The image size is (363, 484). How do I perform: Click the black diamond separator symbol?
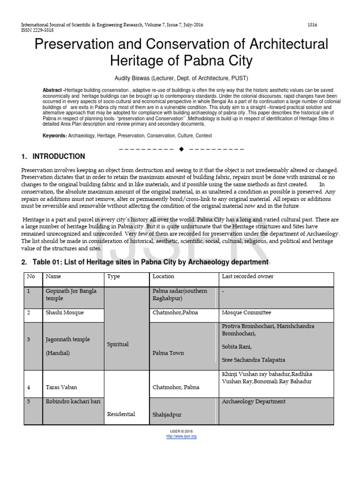181,149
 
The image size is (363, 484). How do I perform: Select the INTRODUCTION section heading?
59,156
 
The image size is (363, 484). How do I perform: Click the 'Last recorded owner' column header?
247,277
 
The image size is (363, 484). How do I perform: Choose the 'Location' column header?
164,277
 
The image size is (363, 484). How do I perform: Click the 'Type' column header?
113,277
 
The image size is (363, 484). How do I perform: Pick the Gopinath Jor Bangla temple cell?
71,294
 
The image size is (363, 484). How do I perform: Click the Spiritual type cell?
118,344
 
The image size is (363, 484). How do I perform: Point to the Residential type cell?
121,414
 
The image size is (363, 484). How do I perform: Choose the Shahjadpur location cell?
167,415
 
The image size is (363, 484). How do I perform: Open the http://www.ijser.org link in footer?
181,436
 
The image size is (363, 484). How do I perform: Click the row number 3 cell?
29,339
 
